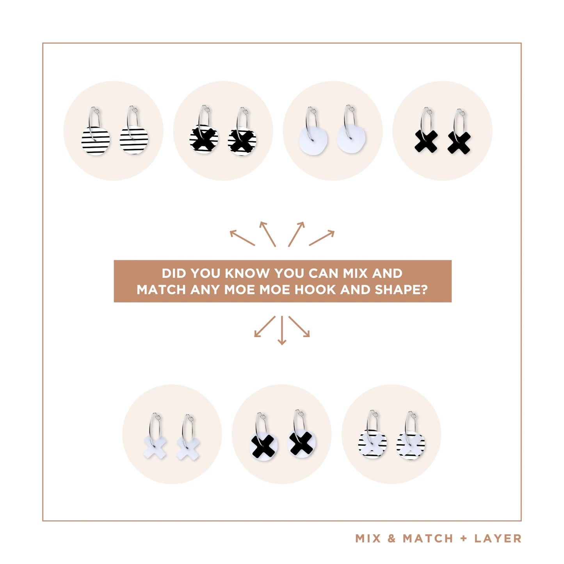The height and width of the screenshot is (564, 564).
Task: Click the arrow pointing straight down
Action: click(281, 330)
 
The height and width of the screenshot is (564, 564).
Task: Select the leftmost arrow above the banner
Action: click(242, 238)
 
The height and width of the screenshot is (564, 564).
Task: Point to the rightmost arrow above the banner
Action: click(322, 238)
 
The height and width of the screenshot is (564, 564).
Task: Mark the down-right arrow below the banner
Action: click(299, 326)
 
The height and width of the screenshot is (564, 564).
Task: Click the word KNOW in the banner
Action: click(247, 273)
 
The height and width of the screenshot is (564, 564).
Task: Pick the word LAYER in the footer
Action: click(498, 538)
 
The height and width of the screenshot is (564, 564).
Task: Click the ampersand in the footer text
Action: click(391, 538)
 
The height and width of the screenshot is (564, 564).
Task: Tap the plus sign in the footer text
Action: click(464, 538)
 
